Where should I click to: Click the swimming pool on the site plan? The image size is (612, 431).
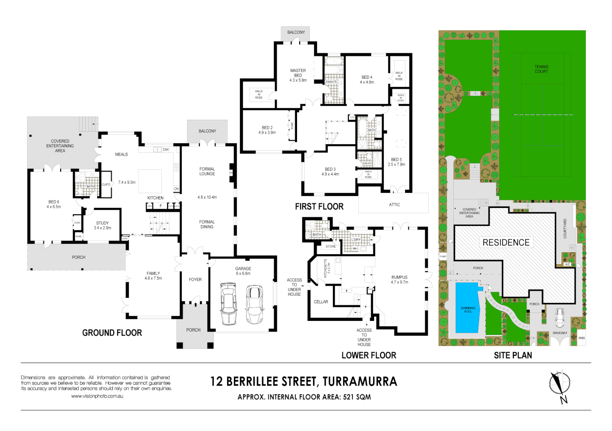point(467,307)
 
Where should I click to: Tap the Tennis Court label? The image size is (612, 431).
point(541,69)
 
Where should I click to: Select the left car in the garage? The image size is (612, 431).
point(228,303)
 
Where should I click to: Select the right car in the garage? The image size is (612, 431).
point(254,304)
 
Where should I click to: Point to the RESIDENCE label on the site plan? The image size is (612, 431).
point(506,243)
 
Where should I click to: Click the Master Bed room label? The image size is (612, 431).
point(298,75)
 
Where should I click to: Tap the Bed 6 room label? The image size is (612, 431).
point(54,204)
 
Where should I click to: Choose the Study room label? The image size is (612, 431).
point(102,225)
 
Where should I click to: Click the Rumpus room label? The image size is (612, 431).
point(399,279)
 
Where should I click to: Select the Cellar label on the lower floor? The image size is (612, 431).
point(321,302)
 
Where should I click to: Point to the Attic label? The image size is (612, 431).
point(394,204)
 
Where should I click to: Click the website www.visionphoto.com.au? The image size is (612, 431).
point(97,396)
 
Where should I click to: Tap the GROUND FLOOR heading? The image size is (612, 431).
point(112,333)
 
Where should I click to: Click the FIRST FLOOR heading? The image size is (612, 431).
point(319,206)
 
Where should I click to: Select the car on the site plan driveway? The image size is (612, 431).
point(559,317)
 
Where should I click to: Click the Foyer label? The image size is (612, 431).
point(195,279)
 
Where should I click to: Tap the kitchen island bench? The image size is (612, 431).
point(150,181)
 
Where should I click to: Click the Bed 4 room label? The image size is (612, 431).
point(367,79)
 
